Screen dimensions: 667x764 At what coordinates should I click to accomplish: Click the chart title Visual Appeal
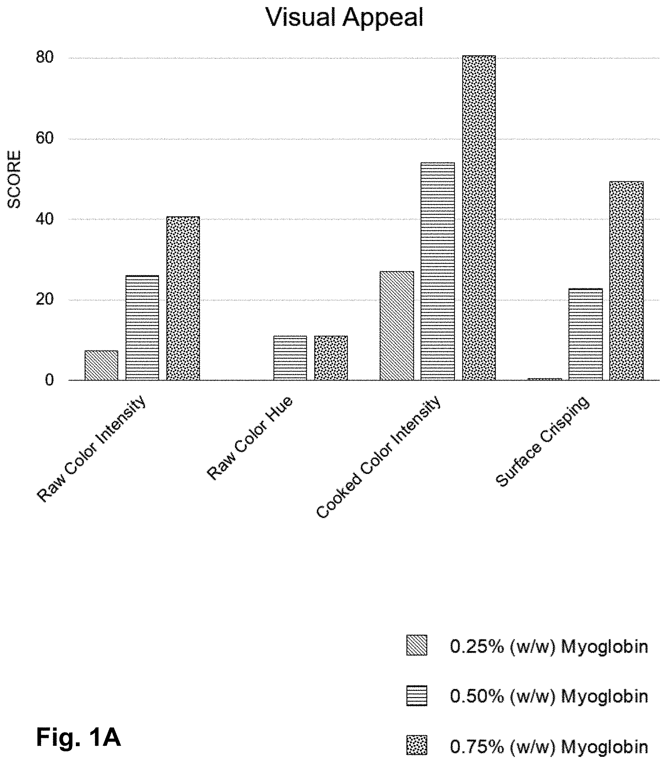[x=344, y=18]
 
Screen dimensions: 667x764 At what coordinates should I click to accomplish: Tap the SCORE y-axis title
[x=14, y=179]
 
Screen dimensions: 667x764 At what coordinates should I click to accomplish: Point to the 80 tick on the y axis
[x=45, y=57]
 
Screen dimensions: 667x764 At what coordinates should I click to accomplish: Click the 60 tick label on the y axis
[x=45, y=138]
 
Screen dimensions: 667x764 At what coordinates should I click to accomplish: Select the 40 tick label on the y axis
[x=45, y=219]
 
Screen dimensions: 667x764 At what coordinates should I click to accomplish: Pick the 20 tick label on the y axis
[x=45, y=300]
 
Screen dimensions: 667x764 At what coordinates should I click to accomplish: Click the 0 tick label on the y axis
[x=49, y=380]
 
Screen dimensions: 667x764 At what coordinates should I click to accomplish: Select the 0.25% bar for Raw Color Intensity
[x=101, y=365]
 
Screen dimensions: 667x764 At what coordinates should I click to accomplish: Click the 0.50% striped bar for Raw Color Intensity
[x=142, y=327]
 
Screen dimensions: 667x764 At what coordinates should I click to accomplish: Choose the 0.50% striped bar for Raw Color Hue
[x=290, y=358]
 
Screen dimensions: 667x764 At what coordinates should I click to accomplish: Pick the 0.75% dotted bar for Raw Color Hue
[x=331, y=358]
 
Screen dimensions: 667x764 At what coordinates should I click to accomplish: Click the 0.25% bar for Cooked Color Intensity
[x=397, y=326]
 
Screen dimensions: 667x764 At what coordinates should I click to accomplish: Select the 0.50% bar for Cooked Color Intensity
[x=438, y=271]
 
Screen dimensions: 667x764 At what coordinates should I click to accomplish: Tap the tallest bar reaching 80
[x=479, y=218]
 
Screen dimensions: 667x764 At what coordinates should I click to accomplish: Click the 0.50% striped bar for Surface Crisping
[x=586, y=334]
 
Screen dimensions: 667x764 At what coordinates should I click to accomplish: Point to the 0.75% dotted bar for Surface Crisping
[x=626, y=281]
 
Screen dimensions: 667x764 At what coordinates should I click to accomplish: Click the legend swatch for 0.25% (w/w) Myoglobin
[x=416, y=645]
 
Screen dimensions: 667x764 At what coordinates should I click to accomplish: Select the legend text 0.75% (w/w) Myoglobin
[x=549, y=746]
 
